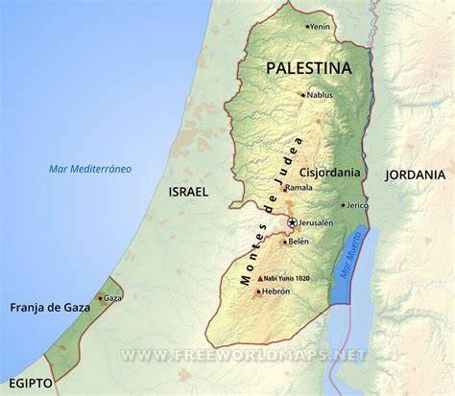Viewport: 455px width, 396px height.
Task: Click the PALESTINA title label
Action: click(308, 68)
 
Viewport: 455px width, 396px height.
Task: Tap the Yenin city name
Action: click(321, 27)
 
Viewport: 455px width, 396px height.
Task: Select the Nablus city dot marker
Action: click(302, 95)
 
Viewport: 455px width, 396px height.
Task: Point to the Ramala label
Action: click(299, 188)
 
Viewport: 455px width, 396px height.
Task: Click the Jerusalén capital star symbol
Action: click(292, 222)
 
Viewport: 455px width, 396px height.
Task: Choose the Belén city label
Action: click(299, 242)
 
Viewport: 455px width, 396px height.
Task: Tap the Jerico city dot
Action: click(343, 205)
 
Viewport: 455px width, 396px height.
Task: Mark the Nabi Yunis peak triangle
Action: click(259, 278)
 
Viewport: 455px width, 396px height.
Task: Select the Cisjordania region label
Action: click(330, 173)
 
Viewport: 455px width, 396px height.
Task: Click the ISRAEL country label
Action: click(188, 192)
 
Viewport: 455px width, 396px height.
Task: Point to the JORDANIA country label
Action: click(415, 175)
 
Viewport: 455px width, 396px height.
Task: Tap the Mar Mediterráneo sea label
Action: click(90, 169)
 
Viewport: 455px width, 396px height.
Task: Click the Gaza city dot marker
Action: click(100, 298)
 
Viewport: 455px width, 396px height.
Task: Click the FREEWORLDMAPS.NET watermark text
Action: click(244, 355)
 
